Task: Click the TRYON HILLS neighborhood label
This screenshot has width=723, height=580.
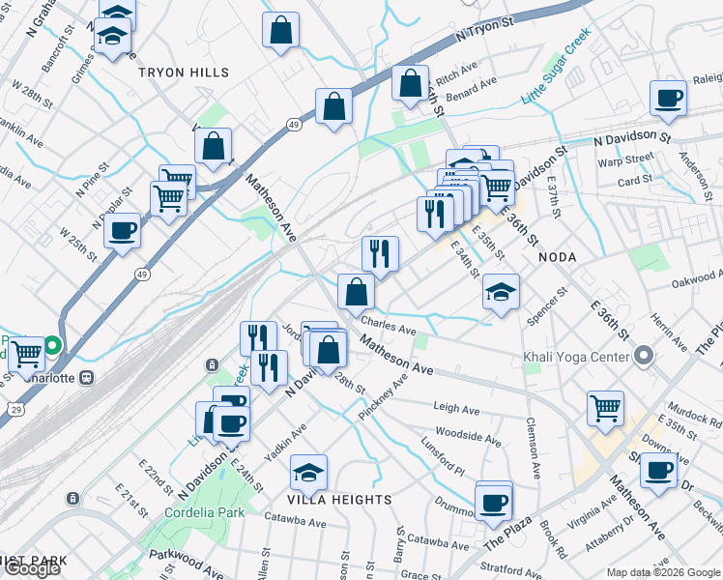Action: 184,72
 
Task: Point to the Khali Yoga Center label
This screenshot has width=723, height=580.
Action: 576,357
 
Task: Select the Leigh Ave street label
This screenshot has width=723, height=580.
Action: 457,410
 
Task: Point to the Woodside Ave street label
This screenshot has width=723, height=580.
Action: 468,436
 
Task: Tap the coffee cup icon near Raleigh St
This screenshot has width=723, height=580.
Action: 668,97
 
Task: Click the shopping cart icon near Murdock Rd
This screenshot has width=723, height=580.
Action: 606,407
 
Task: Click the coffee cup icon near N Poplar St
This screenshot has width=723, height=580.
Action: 123,230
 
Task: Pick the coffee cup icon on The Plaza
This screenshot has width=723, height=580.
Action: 494,502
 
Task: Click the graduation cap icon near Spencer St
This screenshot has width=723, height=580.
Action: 501,292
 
